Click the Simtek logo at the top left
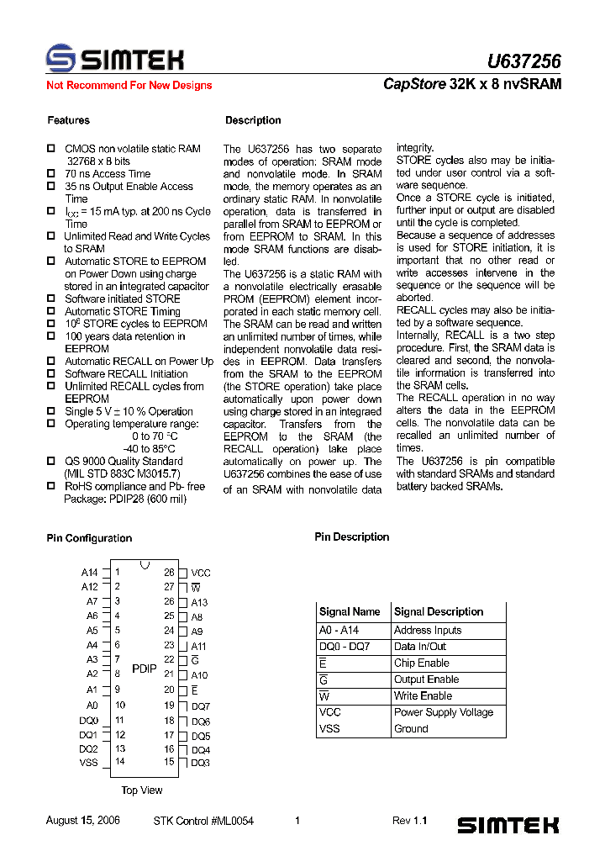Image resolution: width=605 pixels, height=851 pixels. point(114,59)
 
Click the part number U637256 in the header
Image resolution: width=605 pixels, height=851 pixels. point(523,61)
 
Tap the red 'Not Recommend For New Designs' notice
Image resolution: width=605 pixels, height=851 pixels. point(129,85)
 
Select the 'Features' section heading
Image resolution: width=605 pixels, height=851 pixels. point(68,120)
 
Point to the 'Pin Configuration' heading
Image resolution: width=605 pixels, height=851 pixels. point(89,538)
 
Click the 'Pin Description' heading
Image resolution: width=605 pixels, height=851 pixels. point(352,536)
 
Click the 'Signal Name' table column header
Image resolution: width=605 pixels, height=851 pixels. point(350,611)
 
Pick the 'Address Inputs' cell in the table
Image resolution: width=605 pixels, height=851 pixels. point(428,630)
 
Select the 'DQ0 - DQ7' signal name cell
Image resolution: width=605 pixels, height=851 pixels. point(345,647)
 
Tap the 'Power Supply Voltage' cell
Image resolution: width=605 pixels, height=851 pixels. point(444,712)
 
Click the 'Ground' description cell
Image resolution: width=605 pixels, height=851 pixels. point(411,729)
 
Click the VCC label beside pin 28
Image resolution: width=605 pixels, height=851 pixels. point(201,573)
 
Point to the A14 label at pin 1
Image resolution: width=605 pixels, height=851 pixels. point(90,573)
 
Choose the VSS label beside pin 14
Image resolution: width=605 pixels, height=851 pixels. point(89,763)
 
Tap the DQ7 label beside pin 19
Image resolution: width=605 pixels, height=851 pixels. point(201,706)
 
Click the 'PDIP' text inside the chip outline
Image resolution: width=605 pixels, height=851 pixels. point(145,668)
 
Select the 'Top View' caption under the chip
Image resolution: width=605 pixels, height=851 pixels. point(142,790)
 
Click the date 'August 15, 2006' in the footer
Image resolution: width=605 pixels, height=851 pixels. point(82,821)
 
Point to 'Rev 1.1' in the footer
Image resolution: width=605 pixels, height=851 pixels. point(410,821)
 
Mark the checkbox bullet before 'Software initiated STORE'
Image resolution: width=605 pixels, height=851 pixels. point(50,299)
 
